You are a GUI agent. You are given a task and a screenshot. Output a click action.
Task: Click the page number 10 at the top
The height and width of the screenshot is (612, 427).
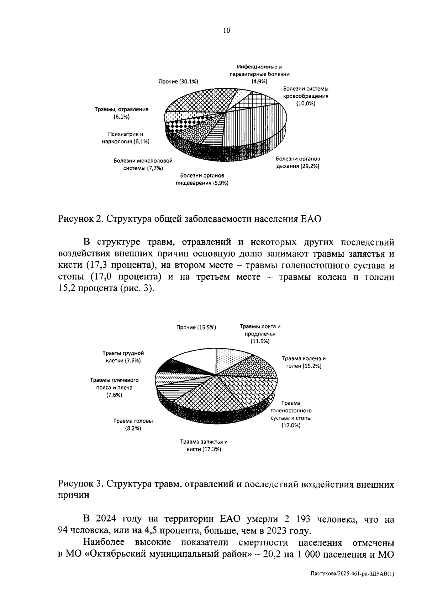[x=227, y=30]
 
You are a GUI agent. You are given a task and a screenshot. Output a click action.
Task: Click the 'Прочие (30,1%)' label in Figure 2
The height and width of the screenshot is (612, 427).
[x=178, y=82]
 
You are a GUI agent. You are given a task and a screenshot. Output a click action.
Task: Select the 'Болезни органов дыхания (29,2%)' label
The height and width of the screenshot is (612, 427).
[x=298, y=162]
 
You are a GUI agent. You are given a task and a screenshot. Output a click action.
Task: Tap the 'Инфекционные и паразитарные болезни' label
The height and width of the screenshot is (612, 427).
[x=259, y=74]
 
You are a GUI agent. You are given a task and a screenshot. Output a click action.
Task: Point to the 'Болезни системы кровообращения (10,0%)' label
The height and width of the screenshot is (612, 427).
[x=306, y=96]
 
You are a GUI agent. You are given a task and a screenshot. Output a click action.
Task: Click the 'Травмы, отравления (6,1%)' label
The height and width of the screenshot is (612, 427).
[x=121, y=113]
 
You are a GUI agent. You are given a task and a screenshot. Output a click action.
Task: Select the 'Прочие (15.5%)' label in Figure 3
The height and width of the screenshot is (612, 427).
[x=196, y=327]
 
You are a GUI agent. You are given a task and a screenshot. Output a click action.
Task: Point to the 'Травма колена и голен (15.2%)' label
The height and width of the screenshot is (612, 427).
[x=304, y=362]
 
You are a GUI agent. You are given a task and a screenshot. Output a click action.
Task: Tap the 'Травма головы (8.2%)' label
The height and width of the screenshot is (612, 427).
[x=133, y=425]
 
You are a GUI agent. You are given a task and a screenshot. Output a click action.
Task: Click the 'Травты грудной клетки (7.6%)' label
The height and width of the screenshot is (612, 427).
[x=123, y=357]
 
